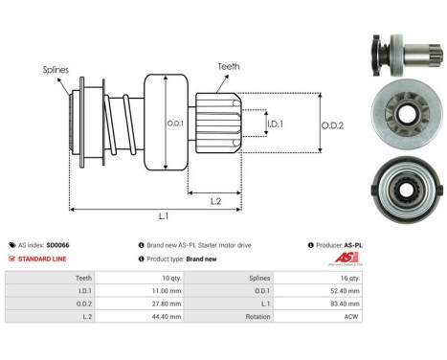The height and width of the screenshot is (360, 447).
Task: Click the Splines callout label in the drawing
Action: (54, 70)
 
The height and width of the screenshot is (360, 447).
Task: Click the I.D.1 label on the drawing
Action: (275, 124)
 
